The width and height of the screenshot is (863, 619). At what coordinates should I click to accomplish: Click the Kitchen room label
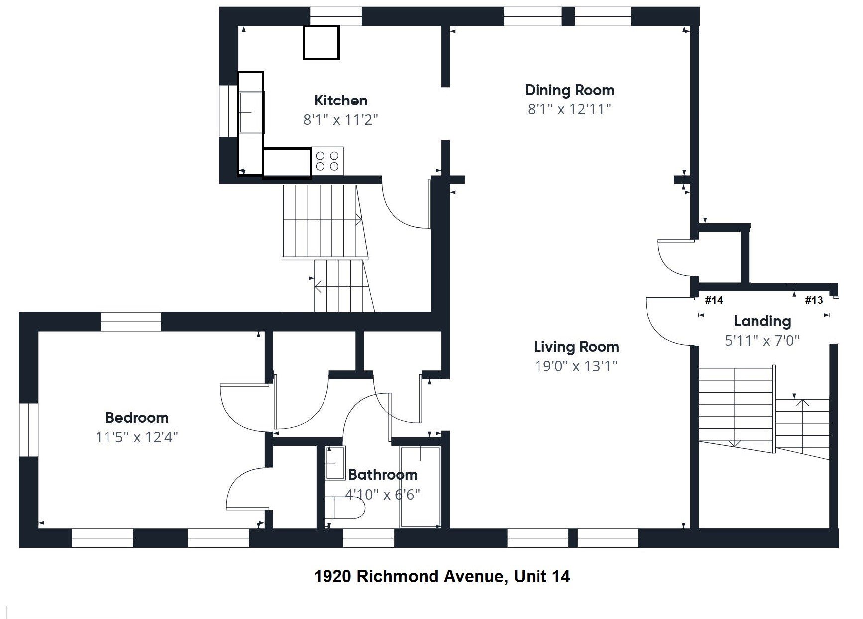(340, 100)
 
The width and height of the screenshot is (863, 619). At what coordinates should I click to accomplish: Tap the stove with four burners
(327, 161)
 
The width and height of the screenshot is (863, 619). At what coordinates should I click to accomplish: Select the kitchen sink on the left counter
(251, 112)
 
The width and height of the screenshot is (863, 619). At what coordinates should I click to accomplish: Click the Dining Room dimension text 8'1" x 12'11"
(569, 109)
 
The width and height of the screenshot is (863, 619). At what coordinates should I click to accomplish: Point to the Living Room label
(576, 346)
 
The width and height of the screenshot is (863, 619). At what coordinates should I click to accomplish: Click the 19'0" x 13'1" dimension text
(576, 366)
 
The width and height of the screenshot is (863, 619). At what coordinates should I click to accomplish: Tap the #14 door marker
(714, 300)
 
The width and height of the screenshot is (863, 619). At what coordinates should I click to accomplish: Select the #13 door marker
(814, 300)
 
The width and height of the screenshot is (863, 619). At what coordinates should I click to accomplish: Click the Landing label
(762, 321)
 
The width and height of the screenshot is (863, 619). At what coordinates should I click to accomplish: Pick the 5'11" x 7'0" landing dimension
(762, 341)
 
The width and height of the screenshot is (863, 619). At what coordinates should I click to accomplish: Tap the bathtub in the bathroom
(421, 487)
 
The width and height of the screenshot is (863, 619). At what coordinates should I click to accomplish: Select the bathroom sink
(335, 463)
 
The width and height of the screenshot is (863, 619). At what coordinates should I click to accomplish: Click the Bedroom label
(136, 417)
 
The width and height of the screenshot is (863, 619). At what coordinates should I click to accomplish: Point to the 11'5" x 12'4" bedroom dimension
(136, 437)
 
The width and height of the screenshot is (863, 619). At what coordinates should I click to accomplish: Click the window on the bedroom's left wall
(29, 429)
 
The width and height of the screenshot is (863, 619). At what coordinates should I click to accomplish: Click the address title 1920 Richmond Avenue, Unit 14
(442, 576)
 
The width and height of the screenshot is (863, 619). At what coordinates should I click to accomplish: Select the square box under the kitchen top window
(321, 43)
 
